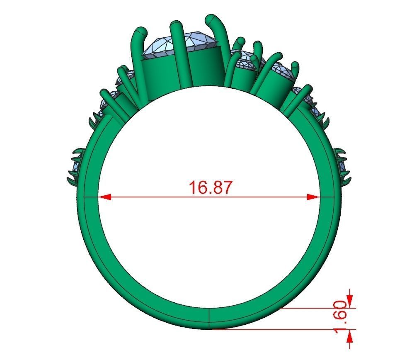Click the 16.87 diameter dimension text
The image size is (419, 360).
tap(211, 187)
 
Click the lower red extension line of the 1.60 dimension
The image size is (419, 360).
tap(282, 329)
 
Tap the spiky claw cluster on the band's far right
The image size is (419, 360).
tap(342, 166)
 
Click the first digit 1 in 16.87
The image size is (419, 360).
tap(193, 187)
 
